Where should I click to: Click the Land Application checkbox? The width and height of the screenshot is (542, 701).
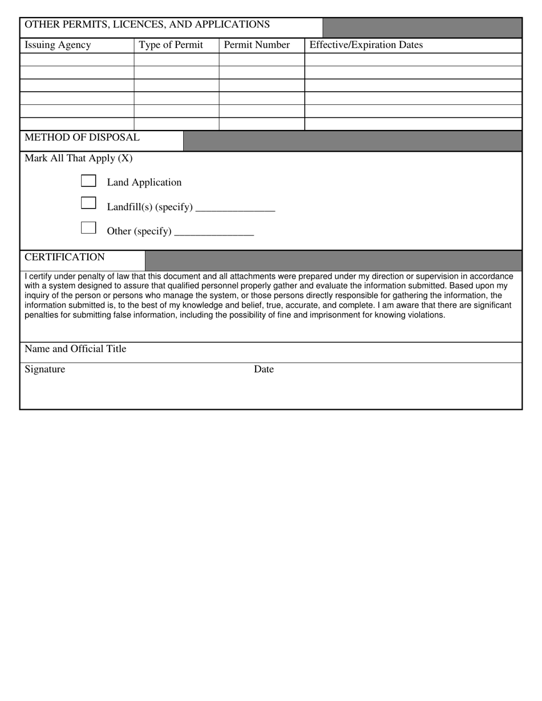88,181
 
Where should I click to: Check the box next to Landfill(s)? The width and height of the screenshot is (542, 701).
88,203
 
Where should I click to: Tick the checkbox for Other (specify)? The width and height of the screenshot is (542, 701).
88,228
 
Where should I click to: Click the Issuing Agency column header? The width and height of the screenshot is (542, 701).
58,45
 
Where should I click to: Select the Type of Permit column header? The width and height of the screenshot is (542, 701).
171,45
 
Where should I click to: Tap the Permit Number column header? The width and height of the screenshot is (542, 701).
257,45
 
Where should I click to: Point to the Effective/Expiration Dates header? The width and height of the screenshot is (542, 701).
366,45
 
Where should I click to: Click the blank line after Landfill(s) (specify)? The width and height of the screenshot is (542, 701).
235,207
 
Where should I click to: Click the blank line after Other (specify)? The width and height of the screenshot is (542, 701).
214,231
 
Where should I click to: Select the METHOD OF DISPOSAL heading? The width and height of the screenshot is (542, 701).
82,137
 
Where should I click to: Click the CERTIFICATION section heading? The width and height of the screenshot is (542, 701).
64,257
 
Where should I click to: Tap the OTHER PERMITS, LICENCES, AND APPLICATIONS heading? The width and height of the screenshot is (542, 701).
147,25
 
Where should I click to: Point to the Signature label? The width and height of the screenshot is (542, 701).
45,369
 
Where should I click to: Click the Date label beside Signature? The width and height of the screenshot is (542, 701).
264,369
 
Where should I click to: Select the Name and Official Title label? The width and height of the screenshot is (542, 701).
75,349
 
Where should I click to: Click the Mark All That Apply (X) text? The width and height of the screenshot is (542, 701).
78,158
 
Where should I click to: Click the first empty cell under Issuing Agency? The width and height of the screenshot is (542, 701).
77,60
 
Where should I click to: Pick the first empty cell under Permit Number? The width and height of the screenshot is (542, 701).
261,60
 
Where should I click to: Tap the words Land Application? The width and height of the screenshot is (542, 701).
144,182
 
